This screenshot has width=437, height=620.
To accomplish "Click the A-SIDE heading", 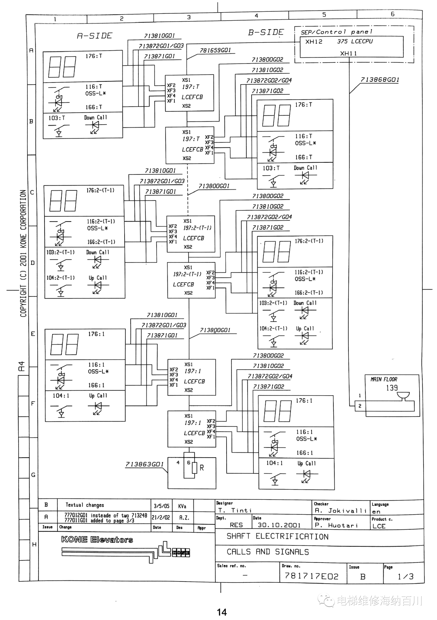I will (x=94, y=36).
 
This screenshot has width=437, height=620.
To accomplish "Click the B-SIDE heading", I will (x=266, y=32).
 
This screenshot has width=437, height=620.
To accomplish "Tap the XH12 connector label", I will (x=314, y=42).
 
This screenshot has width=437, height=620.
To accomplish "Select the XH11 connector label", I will (x=348, y=53).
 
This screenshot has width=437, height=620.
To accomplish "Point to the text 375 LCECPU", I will (x=355, y=41).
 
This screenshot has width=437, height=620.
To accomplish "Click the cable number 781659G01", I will (x=215, y=50).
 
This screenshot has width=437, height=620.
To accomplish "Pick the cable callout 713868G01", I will (x=380, y=80).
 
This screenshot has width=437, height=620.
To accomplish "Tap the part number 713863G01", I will (x=144, y=464).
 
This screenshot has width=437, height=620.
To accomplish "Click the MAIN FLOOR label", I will (x=384, y=379).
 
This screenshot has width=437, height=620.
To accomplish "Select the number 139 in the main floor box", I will (x=392, y=388).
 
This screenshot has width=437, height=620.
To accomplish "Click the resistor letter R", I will (x=202, y=468).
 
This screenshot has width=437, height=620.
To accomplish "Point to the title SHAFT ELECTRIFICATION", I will (x=277, y=537).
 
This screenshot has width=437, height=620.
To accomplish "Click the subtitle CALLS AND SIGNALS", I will (x=267, y=552).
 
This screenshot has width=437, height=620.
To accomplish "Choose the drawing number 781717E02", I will (x=311, y=576).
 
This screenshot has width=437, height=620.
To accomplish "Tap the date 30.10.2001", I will (x=279, y=525).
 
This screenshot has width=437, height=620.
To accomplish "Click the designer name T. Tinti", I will (x=235, y=511).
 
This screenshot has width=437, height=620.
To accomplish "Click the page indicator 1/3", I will (x=405, y=576).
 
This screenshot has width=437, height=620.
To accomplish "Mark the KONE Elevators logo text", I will (x=97, y=539).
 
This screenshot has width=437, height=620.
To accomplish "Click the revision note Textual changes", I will (x=85, y=505).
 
